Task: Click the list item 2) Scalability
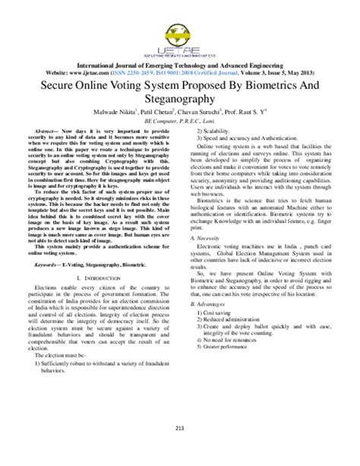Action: click(x=216, y=132)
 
